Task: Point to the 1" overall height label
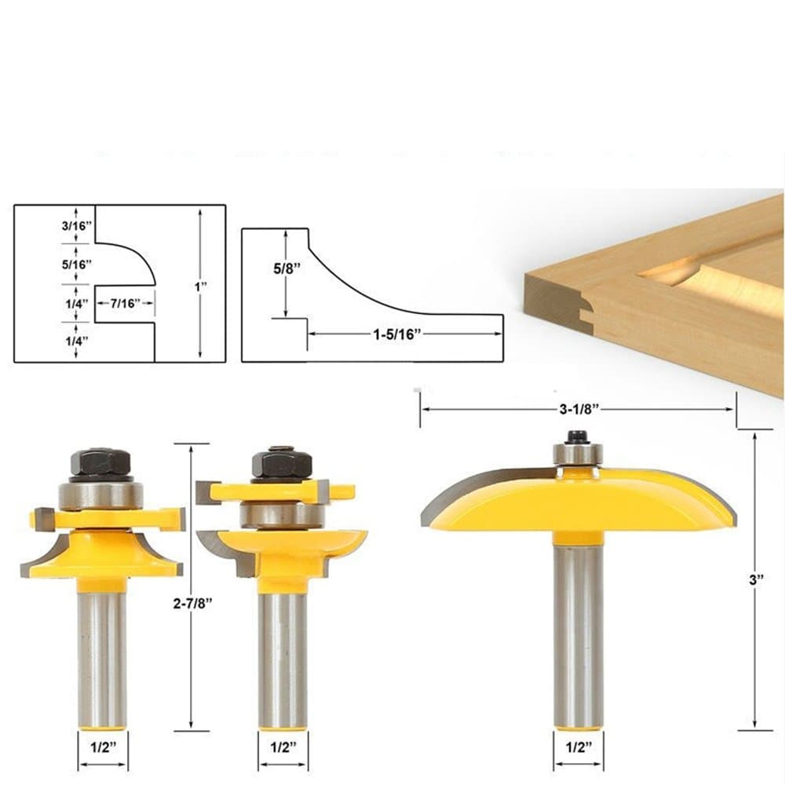(x=201, y=287)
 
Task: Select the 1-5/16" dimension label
(x=397, y=334)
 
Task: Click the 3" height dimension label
(x=754, y=579)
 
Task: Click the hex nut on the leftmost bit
(x=100, y=463)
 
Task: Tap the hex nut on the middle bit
(x=282, y=463)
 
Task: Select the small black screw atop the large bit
(x=578, y=436)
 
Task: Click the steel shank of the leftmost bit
(x=101, y=659)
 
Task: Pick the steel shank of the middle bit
(x=283, y=659)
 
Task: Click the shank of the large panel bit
(x=578, y=636)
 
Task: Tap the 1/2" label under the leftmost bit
(x=102, y=748)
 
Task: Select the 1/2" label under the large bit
(x=578, y=748)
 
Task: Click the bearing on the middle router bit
(x=282, y=515)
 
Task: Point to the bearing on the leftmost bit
(x=100, y=495)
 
